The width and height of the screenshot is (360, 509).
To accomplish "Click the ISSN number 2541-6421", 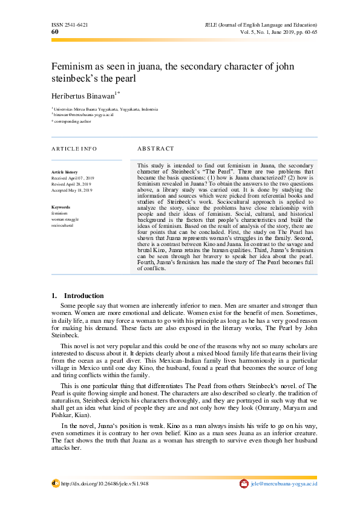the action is point(70,25).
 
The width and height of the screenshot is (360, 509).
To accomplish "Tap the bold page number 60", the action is point(55,31).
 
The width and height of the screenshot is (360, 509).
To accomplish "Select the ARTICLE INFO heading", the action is point(74,149).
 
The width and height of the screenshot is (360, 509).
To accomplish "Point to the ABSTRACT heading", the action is point(155,149).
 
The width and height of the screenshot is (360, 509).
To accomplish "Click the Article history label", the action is point(64,172).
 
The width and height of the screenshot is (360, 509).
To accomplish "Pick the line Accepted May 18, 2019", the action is point(71,190).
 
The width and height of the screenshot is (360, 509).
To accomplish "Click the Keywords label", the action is point(61,207).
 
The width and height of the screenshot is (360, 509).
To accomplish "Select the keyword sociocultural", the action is point(62,225).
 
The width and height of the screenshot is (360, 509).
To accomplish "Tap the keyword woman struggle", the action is point(64,219).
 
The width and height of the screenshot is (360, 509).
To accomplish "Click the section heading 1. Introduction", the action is point(78,296).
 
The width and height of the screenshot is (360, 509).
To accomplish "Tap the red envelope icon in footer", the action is point(244,484).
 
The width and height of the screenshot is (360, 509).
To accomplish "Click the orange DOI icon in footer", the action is point(55,484).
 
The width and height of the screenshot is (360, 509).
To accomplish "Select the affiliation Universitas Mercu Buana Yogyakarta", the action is point(106,109).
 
